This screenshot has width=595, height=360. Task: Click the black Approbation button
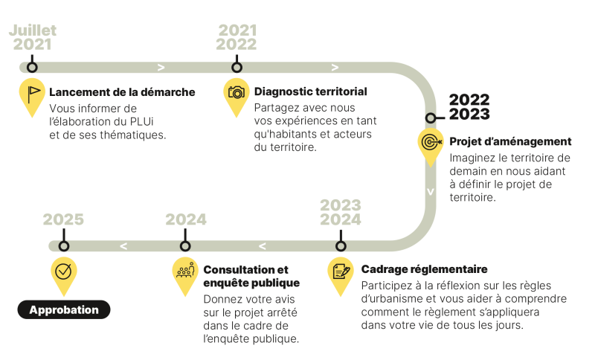(x=64, y=309)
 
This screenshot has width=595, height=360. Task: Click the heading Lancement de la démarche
(x=122, y=92)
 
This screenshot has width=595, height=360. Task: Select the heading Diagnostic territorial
(x=310, y=91)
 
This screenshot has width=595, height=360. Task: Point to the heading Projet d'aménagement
(x=510, y=141)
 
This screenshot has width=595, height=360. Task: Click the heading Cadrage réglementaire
(x=424, y=269)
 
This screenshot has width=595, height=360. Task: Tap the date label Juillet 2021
(x=33, y=37)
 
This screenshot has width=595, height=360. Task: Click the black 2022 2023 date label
(x=469, y=107)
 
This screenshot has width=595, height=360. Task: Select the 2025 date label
(x=63, y=219)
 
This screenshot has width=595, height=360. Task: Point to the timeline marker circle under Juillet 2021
(x=32, y=67)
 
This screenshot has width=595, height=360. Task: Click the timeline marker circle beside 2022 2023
(x=431, y=118)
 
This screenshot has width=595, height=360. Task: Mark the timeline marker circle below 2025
(x=64, y=245)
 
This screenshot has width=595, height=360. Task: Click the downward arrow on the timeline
(x=431, y=192)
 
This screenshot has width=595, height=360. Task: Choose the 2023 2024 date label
(x=341, y=213)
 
